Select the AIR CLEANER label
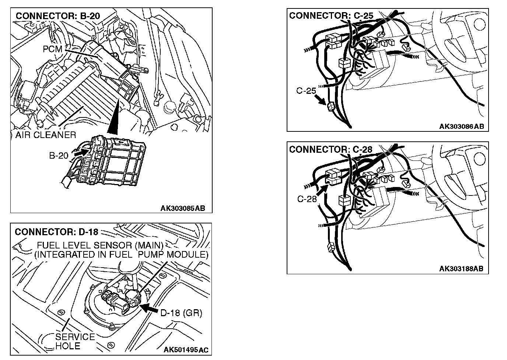tap(46, 135)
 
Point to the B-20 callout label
tap(59, 156)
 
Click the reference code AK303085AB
tap(182, 208)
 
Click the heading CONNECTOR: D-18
tap(56, 232)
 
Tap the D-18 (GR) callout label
tap(181, 313)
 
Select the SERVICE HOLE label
tap(75, 341)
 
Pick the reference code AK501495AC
tap(186, 349)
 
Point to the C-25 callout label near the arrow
tap(306, 90)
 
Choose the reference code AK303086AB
tap(461, 127)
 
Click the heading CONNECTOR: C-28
tap(331, 149)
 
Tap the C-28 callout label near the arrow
tap(307, 199)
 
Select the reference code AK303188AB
tap(461, 269)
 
